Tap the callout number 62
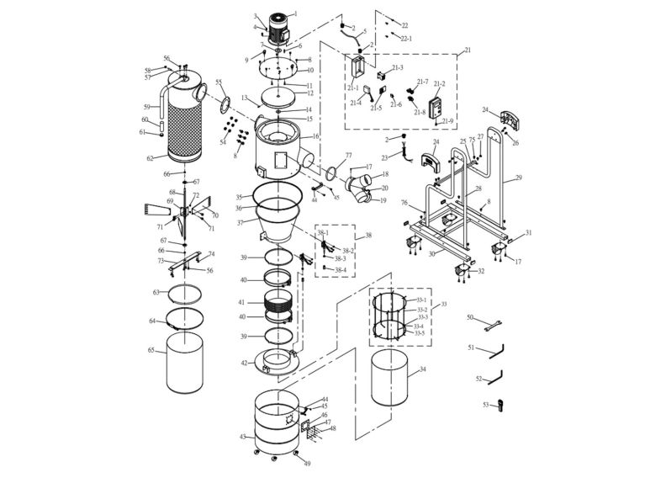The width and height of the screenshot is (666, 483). pyautogui.click(x=151, y=158)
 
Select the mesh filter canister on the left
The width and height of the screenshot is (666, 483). pyautogui.click(x=186, y=118)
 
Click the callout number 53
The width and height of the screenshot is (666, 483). pyautogui.click(x=485, y=405)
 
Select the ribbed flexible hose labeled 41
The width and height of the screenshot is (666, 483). pyautogui.click(x=278, y=302)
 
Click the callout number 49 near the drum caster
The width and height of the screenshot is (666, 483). pyautogui.click(x=307, y=464)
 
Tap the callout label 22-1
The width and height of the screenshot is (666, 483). pyautogui.click(x=406, y=39)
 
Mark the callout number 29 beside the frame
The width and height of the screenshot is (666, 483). pyautogui.click(x=518, y=178)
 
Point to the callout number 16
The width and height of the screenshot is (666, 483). pyautogui.click(x=315, y=135)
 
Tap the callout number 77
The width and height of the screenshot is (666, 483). pyautogui.click(x=348, y=156)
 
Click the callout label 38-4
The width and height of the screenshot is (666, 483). pyautogui.click(x=341, y=270)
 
